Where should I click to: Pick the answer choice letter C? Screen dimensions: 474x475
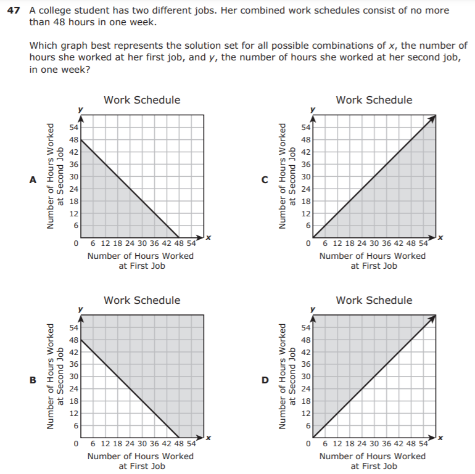tap(265, 180)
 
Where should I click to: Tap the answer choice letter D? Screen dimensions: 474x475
tap(265, 380)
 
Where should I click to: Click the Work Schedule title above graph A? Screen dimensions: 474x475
tap(142, 100)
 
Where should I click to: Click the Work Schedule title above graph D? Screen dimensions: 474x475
tap(374, 300)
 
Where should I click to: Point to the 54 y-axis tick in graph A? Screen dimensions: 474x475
tap(73, 128)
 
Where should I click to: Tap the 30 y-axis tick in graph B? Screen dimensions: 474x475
tap(73, 377)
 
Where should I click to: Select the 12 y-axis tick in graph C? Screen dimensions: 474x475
tap(305, 213)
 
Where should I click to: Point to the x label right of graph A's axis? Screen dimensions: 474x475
tap(209, 238)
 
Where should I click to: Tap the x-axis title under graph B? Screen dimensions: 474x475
tap(141, 461)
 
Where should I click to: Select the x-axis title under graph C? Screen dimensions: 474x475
tap(373, 261)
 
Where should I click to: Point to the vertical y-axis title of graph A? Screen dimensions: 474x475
tap(55, 176)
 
